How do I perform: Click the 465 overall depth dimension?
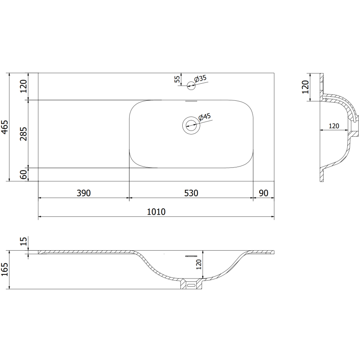5,127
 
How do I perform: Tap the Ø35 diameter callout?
200,78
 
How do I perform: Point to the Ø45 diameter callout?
205,117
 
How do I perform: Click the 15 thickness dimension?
24,242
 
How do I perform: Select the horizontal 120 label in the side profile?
333,126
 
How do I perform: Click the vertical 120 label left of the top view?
24,85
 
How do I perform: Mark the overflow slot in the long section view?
191,255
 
